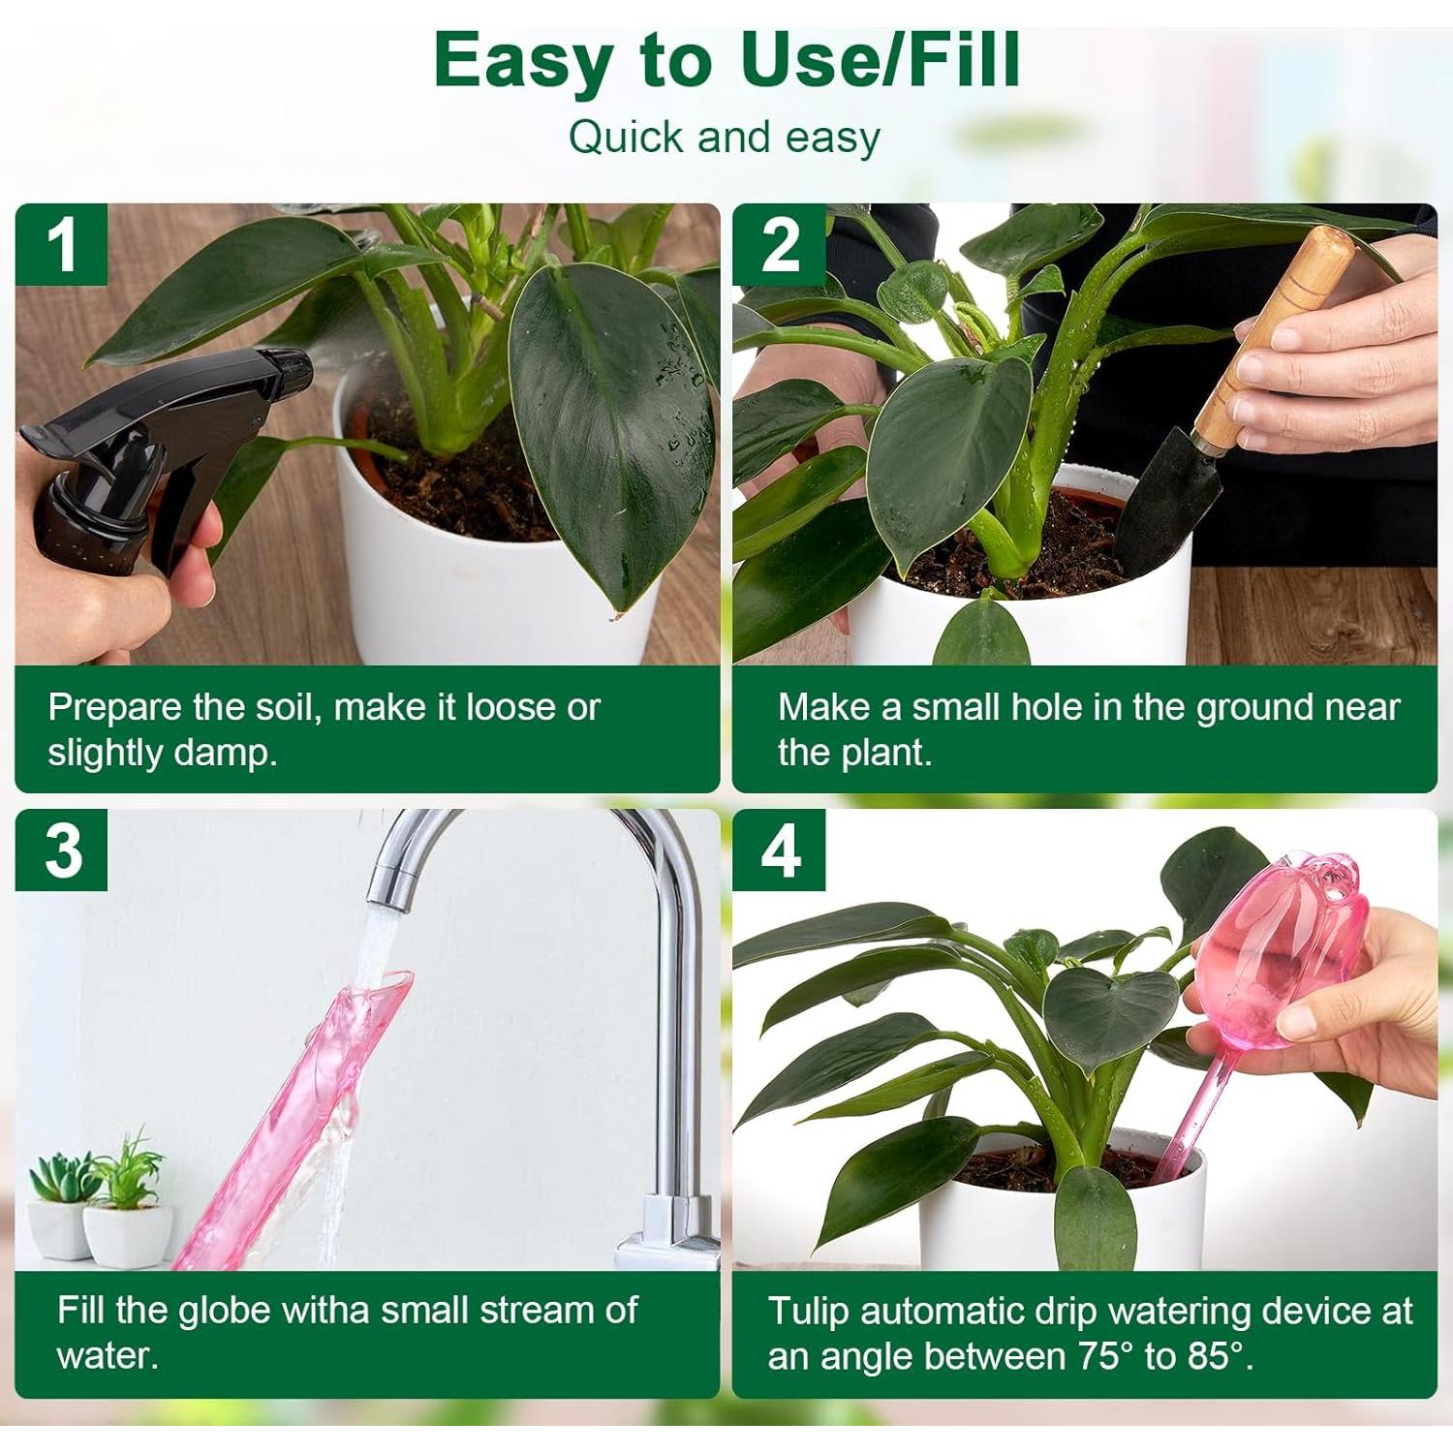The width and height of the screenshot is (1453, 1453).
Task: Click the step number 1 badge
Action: pos(61,244)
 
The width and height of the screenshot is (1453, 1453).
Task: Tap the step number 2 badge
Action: pos(779,244)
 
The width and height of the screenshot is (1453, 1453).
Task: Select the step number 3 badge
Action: pos(61,850)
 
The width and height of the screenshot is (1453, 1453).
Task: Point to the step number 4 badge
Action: pos(779,850)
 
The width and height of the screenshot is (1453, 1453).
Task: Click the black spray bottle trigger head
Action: pos(174,407)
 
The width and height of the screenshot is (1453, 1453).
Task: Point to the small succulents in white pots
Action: pos(97,1201)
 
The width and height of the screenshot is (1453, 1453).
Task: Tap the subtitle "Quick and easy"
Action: pos(725,137)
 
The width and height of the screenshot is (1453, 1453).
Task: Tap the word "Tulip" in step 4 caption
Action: pos(809,1311)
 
